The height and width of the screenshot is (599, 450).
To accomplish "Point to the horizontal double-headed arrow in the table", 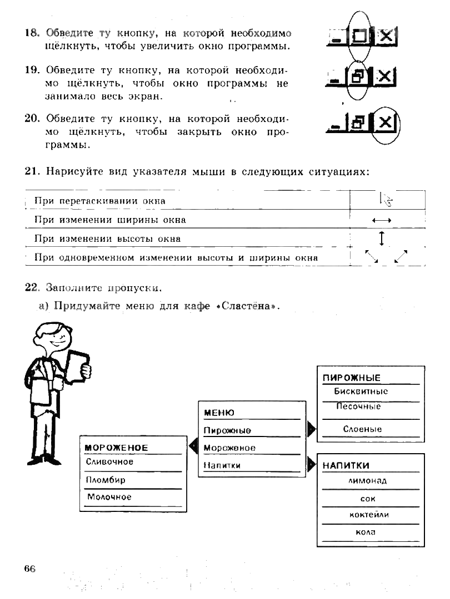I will [x=382, y=220].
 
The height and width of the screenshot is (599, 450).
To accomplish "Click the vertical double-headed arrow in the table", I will [x=382, y=238].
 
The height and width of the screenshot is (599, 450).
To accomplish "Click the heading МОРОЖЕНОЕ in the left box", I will [x=116, y=448].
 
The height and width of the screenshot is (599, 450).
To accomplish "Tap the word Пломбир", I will [x=106, y=480].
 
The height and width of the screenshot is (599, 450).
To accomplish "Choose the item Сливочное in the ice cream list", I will [x=109, y=461].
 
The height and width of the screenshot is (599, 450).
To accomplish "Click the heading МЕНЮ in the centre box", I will [x=219, y=413].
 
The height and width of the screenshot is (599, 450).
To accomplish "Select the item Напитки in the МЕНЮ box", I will [x=222, y=465].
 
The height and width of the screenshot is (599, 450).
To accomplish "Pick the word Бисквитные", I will [x=361, y=392].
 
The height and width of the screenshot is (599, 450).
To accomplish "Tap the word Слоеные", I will [x=362, y=429].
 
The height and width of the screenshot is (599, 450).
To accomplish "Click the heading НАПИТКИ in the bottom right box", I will [x=346, y=466].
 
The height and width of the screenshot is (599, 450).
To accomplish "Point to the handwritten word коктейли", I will [x=369, y=515].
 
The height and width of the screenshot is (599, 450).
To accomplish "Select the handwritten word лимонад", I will [x=367, y=481].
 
